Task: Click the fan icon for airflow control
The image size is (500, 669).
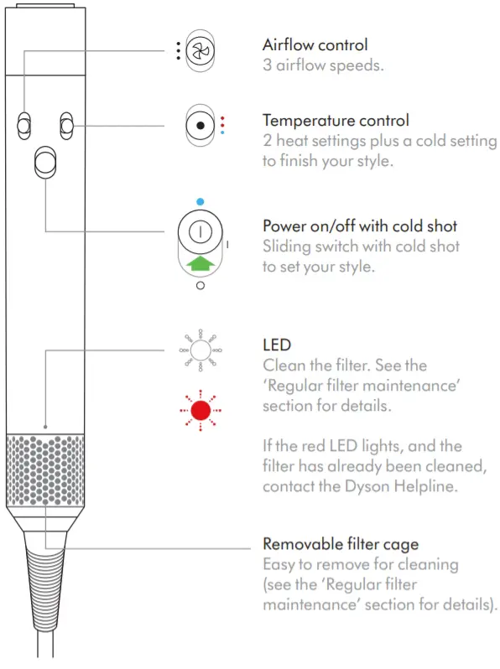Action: [x=201, y=51]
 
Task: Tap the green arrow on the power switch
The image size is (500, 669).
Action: [x=201, y=263]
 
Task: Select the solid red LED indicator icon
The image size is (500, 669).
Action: [x=201, y=411]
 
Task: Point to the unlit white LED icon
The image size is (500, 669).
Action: [x=201, y=350]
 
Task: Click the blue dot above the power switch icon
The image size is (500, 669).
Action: [x=200, y=202]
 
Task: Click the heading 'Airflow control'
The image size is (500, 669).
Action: [x=315, y=44]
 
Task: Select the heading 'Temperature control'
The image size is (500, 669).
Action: [x=336, y=121]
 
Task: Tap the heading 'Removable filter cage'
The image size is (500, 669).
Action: [x=341, y=544]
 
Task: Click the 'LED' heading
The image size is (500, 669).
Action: [x=277, y=345]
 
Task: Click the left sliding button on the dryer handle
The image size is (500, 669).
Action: [x=24, y=126]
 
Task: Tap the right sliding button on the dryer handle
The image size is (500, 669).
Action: [x=66, y=126]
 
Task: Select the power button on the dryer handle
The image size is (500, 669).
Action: [x=45, y=163]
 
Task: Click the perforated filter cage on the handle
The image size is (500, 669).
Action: [x=45, y=469]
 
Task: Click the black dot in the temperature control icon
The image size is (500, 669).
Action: [x=200, y=126]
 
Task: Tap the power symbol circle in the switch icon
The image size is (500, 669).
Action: [x=201, y=232]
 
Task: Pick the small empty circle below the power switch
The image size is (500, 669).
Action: [x=201, y=286]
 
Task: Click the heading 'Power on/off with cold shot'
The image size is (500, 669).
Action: [x=360, y=226]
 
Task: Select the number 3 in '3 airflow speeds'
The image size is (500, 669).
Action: [x=268, y=65]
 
